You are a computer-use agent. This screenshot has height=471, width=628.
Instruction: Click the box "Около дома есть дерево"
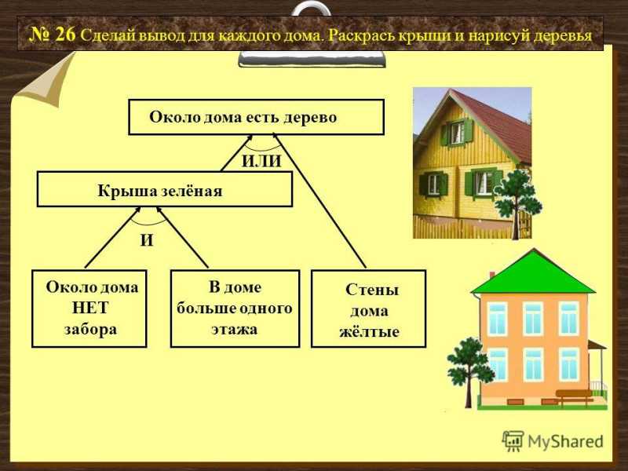pos(257,117)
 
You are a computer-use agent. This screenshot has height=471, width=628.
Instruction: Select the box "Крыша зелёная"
pos(165,189)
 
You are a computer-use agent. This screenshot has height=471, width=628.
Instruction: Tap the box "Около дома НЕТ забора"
pos(89,309)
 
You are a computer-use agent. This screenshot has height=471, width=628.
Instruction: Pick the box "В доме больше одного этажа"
pos(235,309)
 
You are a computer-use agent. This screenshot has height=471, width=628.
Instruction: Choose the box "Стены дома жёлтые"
pos(368,309)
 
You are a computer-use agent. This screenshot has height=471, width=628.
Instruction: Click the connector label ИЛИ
pos(261,161)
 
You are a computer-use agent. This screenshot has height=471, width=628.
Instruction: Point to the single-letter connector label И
pos(147,240)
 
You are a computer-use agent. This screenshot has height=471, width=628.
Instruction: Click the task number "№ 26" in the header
pos(53,35)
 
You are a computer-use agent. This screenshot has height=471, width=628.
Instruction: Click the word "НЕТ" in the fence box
pos(90,308)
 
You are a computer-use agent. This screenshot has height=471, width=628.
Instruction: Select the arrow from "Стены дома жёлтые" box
pos(321,201)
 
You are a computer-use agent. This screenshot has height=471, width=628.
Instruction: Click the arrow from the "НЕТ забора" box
pos(112,238)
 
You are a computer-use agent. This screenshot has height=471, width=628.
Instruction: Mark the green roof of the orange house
pos(533,272)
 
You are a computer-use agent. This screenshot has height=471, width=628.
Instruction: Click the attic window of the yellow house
pos(457,133)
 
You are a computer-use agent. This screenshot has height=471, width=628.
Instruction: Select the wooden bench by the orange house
pos(574,397)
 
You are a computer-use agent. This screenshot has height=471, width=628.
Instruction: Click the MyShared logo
pos(553,441)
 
